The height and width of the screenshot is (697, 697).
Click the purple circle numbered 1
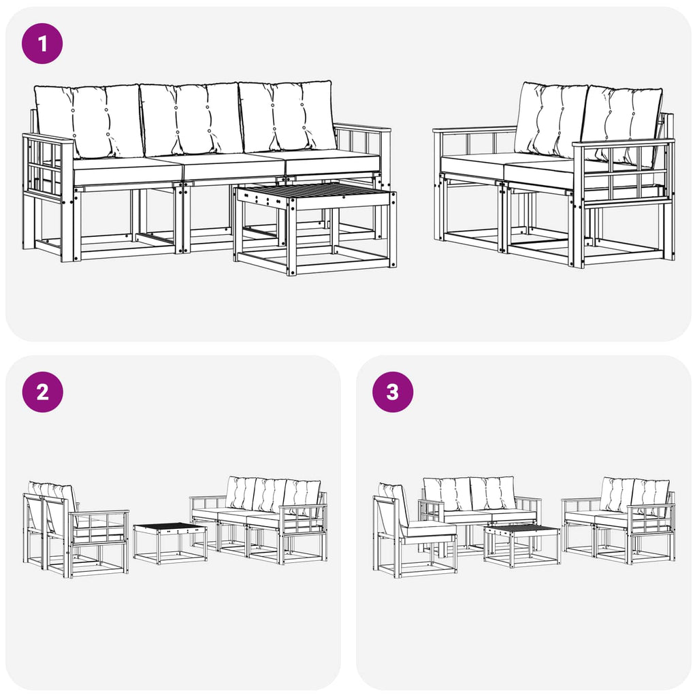pos(42,44)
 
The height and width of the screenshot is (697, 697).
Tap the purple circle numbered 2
pos(42,392)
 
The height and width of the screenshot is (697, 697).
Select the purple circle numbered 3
pos(393,392)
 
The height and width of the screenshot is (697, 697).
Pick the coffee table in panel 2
pos(169,543)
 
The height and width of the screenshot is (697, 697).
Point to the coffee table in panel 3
pos(522,546)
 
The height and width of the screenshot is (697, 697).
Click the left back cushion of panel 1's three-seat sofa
pos(89,121)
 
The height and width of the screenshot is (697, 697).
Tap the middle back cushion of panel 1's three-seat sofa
pos(191,118)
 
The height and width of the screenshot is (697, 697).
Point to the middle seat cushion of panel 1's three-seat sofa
pos(233,166)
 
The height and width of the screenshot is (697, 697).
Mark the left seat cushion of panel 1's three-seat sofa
pos(127,170)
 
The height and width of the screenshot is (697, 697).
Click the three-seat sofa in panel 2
pos(259,520)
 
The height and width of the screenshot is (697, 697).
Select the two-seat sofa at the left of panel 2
pos(76,529)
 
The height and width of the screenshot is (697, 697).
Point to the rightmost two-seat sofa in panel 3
pos(619,521)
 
